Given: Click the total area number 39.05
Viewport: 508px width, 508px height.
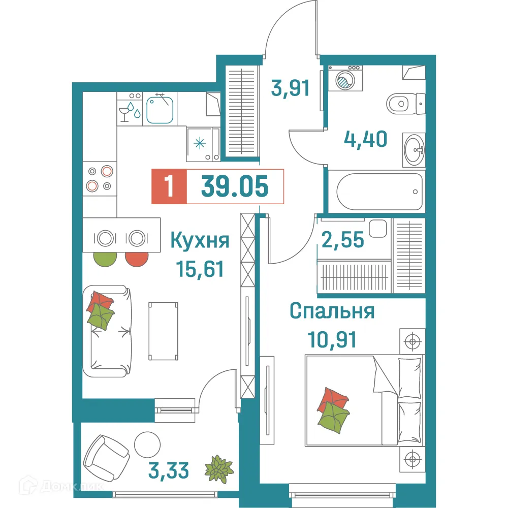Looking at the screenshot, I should click(x=234, y=186).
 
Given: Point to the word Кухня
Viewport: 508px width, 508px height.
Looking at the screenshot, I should click(x=200, y=240).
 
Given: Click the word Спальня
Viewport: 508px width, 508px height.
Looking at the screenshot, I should click(x=332, y=310).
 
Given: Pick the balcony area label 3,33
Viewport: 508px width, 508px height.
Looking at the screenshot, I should click(x=170, y=470).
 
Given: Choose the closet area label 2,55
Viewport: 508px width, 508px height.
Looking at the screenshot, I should click(x=343, y=239).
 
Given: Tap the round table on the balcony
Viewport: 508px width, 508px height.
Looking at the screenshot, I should click(x=147, y=443).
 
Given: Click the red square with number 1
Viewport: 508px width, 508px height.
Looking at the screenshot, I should click(x=169, y=186).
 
